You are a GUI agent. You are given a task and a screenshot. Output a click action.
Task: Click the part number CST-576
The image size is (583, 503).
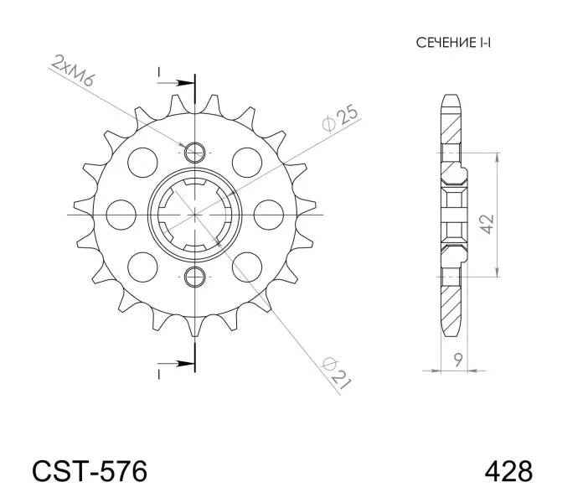click(x=90, y=472)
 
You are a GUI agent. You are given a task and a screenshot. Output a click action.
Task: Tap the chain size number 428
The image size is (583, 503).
click(x=508, y=472)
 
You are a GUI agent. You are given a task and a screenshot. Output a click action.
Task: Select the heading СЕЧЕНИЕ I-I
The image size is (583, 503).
click(x=453, y=43)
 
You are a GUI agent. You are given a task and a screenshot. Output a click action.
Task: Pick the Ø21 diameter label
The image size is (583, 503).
click(x=337, y=373)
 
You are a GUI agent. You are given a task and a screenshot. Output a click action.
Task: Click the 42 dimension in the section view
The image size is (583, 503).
click(x=487, y=224)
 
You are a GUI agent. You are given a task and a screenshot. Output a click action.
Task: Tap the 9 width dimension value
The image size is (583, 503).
click(x=458, y=360)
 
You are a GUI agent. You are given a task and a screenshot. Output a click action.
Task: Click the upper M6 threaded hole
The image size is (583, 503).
click(x=195, y=153)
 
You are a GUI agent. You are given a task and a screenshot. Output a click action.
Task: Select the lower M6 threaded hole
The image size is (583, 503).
click(x=195, y=277)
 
